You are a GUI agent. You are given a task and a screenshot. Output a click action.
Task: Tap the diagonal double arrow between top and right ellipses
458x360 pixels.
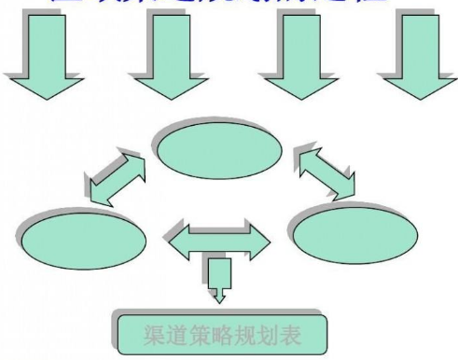326,173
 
